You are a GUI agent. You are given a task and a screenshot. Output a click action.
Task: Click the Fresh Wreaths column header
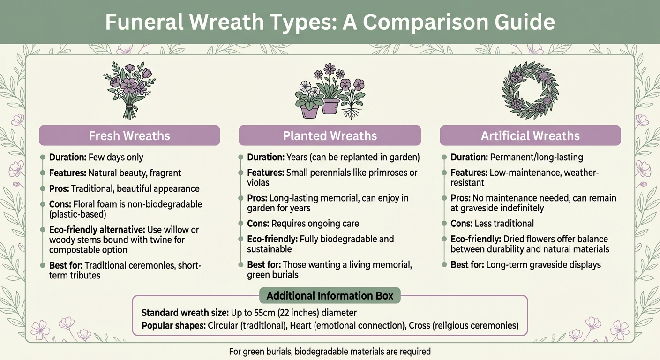[x=129, y=136]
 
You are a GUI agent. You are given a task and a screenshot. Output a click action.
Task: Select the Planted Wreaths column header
[x=330, y=136]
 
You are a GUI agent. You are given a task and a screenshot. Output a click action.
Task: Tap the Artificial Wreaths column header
[x=530, y=136]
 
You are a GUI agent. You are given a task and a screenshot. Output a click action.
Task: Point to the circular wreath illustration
[x=530, y=90]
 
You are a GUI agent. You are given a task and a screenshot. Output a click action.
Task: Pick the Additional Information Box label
[x=330, y=296]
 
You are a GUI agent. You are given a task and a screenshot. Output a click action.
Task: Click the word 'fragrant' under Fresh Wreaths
[x=165, y=173]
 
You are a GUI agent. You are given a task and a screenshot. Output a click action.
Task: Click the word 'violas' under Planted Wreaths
[x=258, y=182]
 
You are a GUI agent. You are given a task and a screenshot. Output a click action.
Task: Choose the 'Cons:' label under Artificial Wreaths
[x=462, y=224]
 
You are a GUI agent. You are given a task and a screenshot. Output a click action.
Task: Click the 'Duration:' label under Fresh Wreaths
[x=67, y=157]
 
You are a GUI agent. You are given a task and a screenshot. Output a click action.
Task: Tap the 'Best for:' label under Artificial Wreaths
[x=467, y=265]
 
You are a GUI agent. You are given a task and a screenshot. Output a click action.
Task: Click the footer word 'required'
[x=415, y=351]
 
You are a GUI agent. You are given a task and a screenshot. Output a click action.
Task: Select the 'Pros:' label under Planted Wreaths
[x=257, y=198]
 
